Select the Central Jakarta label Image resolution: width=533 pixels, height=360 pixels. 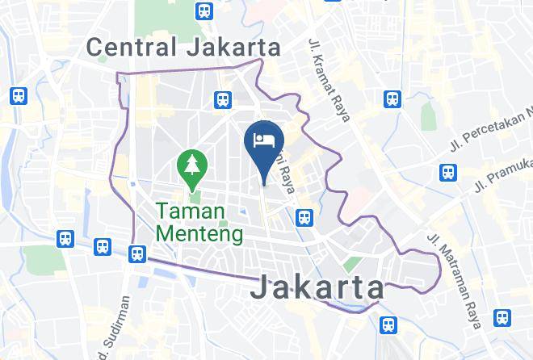click(x=184, y=47)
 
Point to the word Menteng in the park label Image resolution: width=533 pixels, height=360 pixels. click(x=199, y=234)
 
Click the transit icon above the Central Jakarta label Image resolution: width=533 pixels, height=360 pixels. click(x=204, y=11)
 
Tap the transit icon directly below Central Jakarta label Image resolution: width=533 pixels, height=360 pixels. click(x=222, y=99)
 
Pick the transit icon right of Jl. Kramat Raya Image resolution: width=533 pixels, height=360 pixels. click(x=392, y=99)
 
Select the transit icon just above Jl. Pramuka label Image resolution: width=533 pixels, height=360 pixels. click(x=447, y=172)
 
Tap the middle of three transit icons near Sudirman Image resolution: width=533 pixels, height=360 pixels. click(x=103, y=246)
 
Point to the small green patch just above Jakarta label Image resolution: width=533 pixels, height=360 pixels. click(x=351, y=264)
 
